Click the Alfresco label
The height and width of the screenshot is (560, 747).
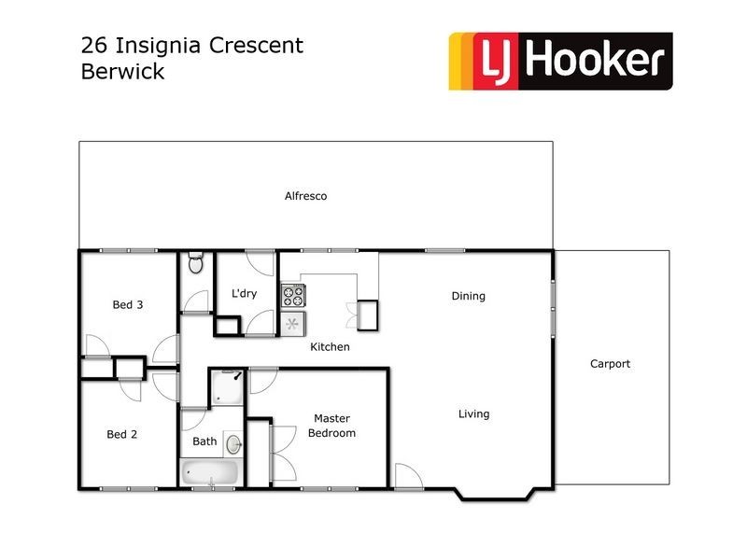pyautogui.click(x=305, y=196)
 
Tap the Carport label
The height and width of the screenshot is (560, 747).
pyautogui.click(x=610, y=364)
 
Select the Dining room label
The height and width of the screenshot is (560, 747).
pyautogui.click(x=468, y=296)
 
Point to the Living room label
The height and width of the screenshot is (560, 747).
pyautogui.click(x=473, y=413)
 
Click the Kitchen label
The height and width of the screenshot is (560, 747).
pyautogui.click(x=330, y=346)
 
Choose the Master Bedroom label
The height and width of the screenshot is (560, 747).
pyautogui.click(x=331, y=426)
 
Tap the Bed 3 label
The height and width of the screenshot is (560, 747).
pyautogui.click(x=127, y=304)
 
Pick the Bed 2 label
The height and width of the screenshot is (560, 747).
pyautogui.click(x=122, y=434)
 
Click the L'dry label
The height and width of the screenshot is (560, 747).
pyautogui.click(x=244, y=294)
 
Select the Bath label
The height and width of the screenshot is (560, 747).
pyautogui.click(x=204, y=441)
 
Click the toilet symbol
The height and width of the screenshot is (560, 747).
pyautogui.click(x=195, y=263)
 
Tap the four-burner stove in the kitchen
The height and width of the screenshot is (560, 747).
pyautogui.click(x=293, y=296)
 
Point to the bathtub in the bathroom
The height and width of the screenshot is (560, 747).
pyautogui.click(x=211, y=472)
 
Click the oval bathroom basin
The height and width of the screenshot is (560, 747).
pyautogui.click(x=233, y=443)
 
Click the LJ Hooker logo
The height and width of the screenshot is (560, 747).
pyautogui.click(x=560, y=62)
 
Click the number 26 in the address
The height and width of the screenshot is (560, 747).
pyautogui.click(x=93, y=45)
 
